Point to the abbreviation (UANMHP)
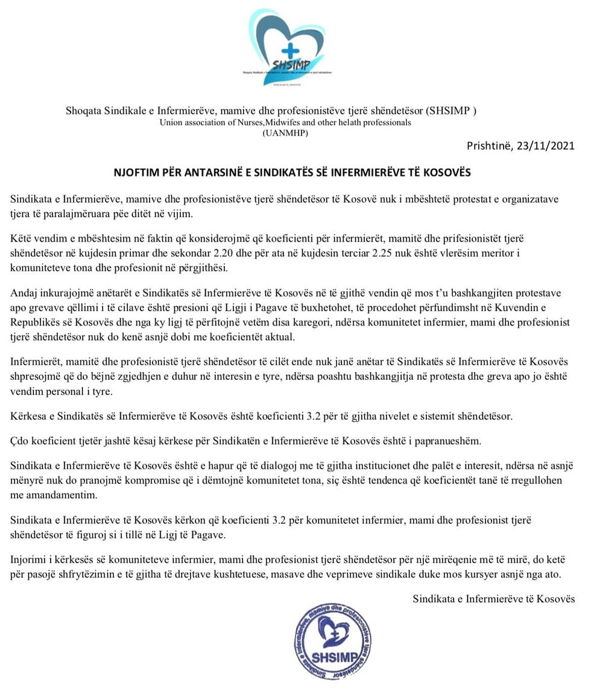(285, 133)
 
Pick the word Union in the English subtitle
(171, 122)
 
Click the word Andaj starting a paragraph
(25, 294)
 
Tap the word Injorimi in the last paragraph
(29, 561)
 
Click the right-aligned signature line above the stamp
(493, 599)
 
